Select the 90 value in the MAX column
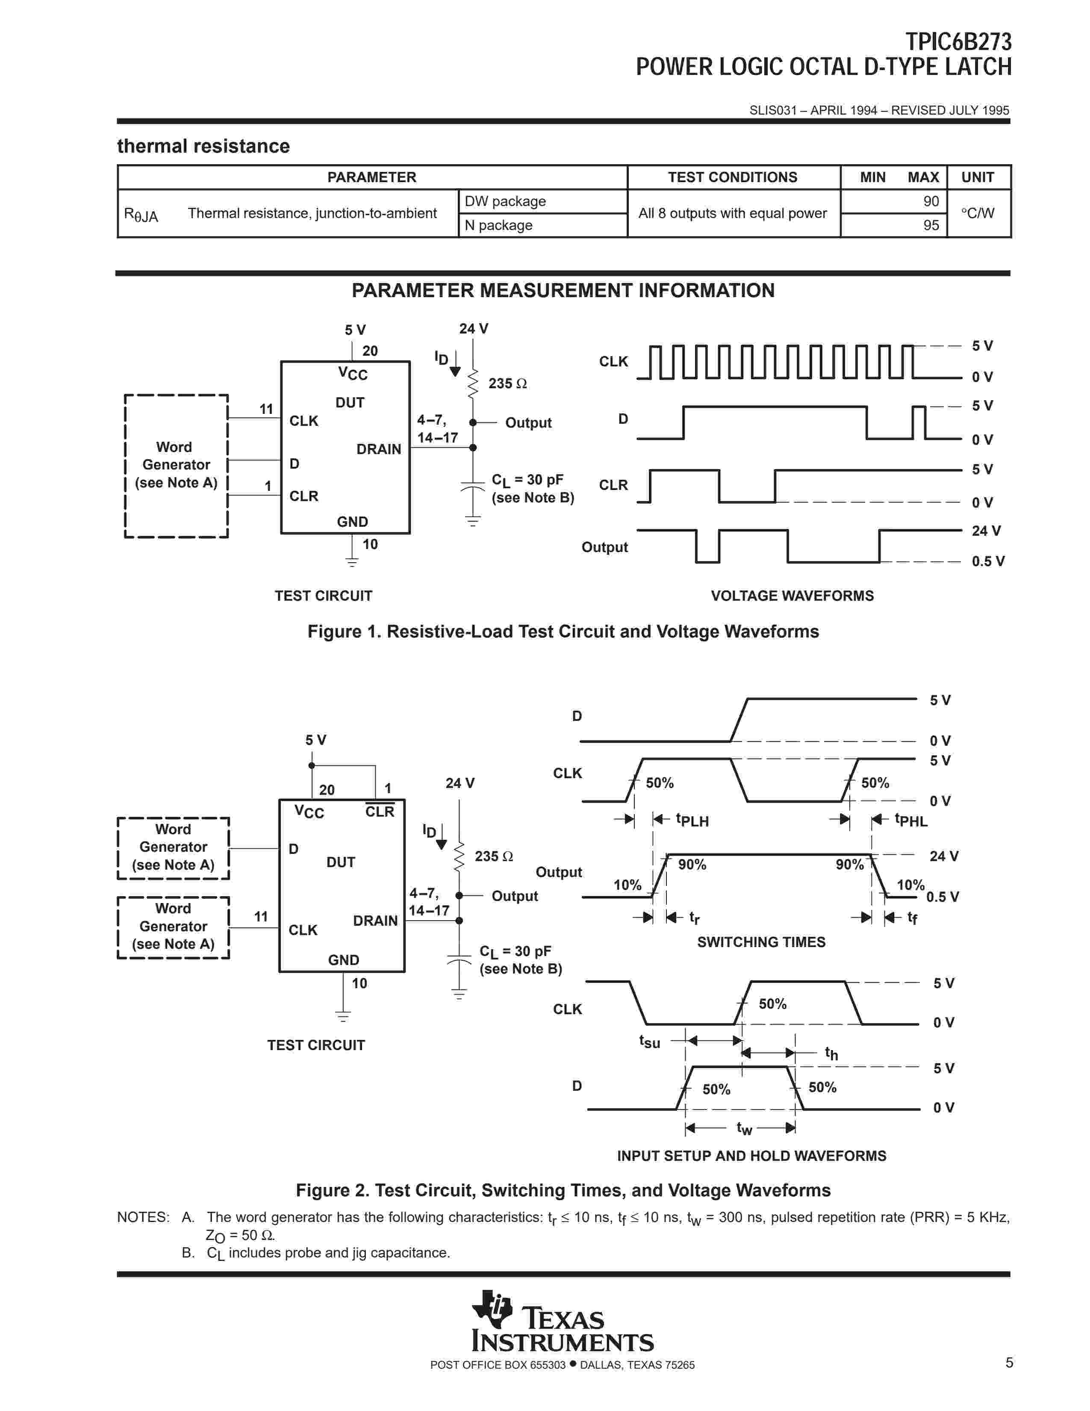point(931,201)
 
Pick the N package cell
point(498,225)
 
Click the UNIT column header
point(977,177)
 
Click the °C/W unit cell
point(977,213)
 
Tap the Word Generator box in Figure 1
point(176,465)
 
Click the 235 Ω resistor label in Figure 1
point(507,383)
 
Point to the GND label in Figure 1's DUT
point(352,521)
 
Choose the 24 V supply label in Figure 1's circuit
point(473,329)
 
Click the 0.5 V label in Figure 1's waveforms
point(988,561)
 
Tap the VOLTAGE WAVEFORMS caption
point(792,596)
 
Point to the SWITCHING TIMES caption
point(761,942)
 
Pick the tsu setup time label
point(650,1042)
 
